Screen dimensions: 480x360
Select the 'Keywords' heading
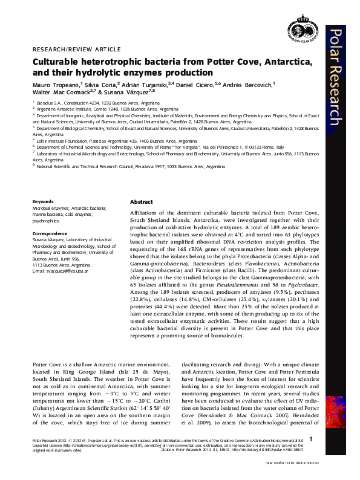[x=42, y=201]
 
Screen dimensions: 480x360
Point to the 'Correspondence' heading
[x=50, y=232]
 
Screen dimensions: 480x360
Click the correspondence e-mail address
[x=67, y=270]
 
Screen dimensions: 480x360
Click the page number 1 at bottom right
[x=310, y=439]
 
